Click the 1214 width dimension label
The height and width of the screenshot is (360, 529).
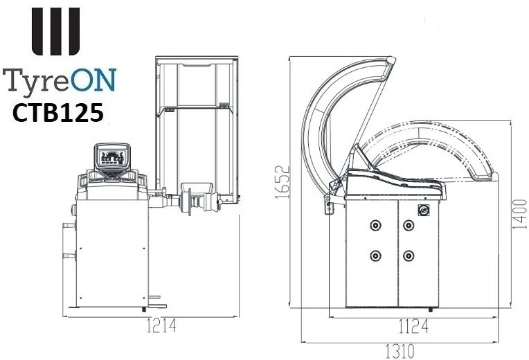(161, 326)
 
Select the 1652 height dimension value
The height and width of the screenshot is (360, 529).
(283, 182)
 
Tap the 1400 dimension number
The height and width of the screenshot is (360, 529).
(519, 215)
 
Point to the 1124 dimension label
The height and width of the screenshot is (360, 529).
(413, 326)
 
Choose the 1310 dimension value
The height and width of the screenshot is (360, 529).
(400, 352)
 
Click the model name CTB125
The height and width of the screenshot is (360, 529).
(57, 113)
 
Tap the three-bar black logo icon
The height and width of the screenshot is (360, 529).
(55, 31)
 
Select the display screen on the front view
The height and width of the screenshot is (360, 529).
(112, 157)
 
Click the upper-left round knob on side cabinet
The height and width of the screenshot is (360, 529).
(375, 225)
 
